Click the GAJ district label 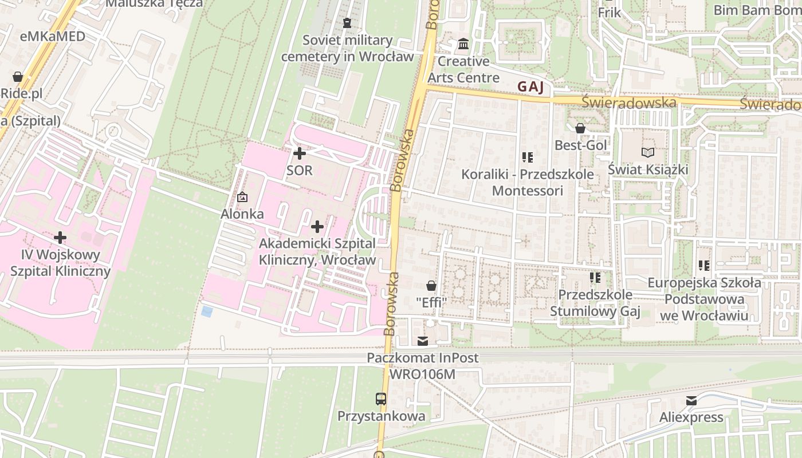(x=530, y=86)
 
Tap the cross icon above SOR (x=299, y=153)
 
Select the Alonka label (x=242, y=214)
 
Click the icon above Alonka (x=242, y=197)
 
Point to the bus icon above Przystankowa (x=380, y=398)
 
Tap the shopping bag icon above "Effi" (x=431, y=285)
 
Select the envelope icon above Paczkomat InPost (x=422, y=341)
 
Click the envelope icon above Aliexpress (x=691, y=400)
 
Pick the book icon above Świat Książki (x=647, y=152)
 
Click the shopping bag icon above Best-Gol (x=580, y=128)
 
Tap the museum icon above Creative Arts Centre (x=463, y=44)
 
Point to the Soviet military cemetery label (x=347, y=48)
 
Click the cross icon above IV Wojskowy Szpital (x=60, y=237)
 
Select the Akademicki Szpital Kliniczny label (x=317, y=251)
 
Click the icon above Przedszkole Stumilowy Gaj (x=595, y=278)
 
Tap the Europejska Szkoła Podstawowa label (x=704, y=299)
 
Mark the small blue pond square (x=207, y=311)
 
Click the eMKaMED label (x=52, y=37)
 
